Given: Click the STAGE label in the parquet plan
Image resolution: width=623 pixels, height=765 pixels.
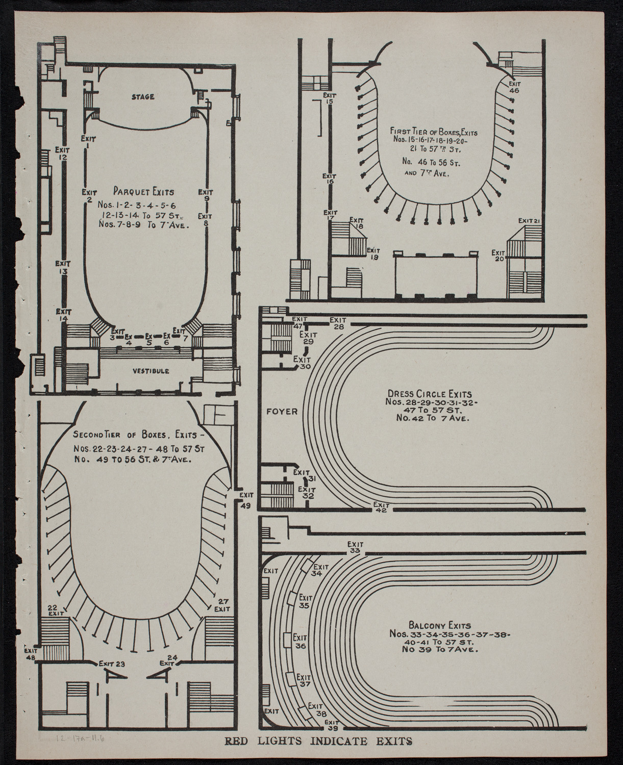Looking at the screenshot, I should tap(142, 97).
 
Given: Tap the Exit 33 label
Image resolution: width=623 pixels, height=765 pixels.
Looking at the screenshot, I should tap(355, 547).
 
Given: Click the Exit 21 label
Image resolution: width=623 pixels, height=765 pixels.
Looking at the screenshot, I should tap(529, 220).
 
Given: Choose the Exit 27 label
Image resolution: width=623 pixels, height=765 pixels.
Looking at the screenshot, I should tap(222, 605).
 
